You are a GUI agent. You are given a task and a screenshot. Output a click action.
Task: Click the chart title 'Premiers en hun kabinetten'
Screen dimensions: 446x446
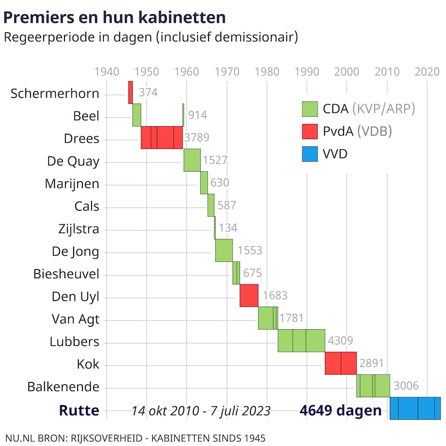115,17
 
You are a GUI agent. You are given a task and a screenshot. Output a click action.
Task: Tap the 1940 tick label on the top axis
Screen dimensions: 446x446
107,72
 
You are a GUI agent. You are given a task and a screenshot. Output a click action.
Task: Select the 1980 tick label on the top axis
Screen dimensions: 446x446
267,72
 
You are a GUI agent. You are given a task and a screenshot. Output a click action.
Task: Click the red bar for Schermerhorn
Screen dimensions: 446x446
131,92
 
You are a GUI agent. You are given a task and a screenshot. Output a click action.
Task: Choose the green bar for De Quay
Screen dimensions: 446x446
192,160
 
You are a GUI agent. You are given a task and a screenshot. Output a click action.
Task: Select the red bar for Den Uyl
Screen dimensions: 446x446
249,295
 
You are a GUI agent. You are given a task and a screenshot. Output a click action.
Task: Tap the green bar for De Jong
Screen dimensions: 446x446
224,250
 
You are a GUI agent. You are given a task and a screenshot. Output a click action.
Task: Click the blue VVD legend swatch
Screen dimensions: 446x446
310,154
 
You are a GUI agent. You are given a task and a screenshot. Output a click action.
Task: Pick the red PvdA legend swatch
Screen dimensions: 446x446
310,131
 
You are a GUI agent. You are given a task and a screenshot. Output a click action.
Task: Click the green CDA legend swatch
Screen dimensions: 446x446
310,109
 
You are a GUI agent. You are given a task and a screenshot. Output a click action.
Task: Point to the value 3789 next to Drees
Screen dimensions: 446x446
196,138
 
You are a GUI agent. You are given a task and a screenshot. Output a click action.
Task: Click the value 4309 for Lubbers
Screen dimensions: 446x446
340,341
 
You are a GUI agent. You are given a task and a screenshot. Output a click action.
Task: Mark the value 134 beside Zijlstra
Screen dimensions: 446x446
228,228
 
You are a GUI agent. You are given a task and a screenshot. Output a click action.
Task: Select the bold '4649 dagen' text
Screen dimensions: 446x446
341,410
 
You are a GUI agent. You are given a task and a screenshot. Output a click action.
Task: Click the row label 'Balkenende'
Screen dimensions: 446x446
63,387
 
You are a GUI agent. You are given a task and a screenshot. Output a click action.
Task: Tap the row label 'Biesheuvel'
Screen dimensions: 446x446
66,274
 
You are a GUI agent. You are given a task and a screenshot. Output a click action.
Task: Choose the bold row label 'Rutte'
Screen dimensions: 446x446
79,410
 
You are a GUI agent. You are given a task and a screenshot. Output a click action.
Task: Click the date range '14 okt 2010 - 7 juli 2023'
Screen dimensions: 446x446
201,411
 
